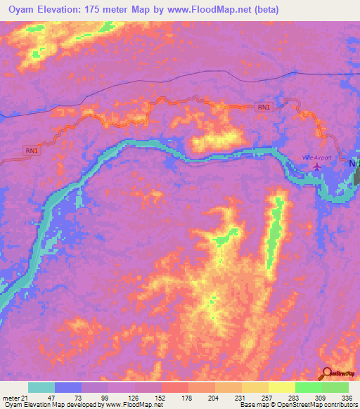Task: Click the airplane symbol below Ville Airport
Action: tap(318, 167)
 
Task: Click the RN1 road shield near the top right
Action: tap(263, 108)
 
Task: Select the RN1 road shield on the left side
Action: tap(32, 150)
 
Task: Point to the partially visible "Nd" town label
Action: tap(354, 164)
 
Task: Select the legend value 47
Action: tap(41, 397)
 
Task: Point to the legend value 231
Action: tap(240, 397)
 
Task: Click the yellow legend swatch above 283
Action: tap(281, 387)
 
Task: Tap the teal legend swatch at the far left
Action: tap(41, 387)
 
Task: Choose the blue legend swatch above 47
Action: tap(68, 387)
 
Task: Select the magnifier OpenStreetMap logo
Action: tap(327, 375)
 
